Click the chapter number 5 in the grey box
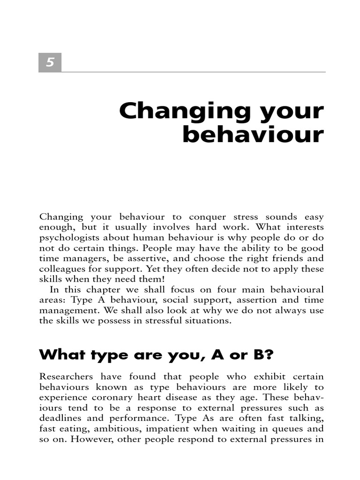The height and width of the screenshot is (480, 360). click(50, 63)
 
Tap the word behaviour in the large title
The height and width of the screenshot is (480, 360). click(253, 135)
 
